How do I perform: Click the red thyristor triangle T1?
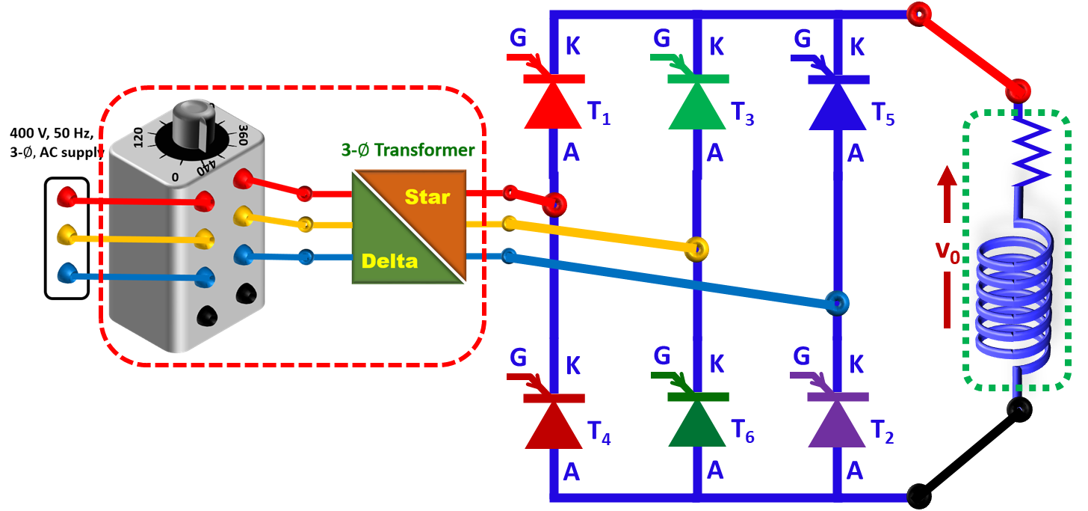553,106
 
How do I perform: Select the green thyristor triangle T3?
696,106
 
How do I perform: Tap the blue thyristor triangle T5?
838,106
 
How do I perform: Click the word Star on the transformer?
427,198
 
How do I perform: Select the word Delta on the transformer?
389,261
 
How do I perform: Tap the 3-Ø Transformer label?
408,150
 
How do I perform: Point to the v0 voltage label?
948,248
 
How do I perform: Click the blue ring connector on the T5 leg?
837,303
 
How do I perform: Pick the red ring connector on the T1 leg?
554,204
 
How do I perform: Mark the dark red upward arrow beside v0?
948,247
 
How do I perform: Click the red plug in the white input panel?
67,197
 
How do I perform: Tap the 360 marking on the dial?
243,135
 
